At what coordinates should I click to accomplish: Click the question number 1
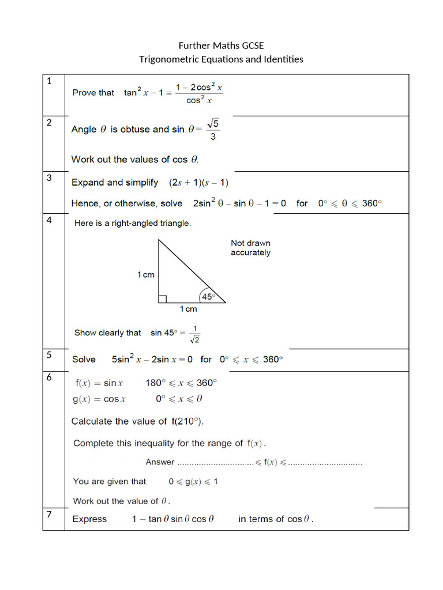coord(49,81)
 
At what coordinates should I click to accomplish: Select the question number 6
coord(49,377)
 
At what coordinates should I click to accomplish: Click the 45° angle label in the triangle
coord(208,297)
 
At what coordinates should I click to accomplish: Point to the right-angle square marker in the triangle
coord(163,298)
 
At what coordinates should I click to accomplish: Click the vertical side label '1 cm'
coord(146,275)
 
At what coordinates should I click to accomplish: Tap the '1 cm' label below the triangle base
coord(189,309)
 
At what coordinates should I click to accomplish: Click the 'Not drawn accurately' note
coord(250,248)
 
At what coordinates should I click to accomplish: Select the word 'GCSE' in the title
coord(253,46)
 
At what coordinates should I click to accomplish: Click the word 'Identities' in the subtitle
coord(281,59)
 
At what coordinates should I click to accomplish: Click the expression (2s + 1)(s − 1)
coord(199,183)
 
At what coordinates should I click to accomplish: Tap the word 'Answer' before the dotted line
coord(160,462)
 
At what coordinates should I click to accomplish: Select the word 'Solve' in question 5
coord(84,360)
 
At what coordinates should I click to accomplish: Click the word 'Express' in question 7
coord(89,519)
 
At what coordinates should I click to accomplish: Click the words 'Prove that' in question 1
coord(93,93)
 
